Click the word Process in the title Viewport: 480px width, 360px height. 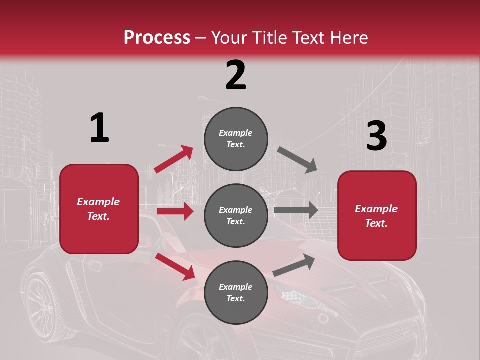click(157, 38)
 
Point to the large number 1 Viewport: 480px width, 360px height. click(99, 128)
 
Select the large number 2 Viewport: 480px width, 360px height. click(236, 75)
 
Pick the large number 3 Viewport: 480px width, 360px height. click(376, 136)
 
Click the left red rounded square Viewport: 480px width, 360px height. click(99, 209)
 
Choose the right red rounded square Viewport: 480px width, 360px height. click(377, 215)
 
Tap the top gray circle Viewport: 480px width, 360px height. click(236, 138)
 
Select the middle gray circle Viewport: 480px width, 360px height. click(236, 215)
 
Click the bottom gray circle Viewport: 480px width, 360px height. click(236, 292)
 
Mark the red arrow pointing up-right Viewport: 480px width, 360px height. click(173, 159)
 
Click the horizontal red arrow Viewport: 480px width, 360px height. click(175, 211)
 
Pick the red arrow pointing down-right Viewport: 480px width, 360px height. click(175, 266)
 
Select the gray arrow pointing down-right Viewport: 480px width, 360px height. click(297, 160)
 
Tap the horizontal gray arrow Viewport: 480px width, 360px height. click(296, 210)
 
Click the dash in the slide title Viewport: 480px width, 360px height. click(200, 38)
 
